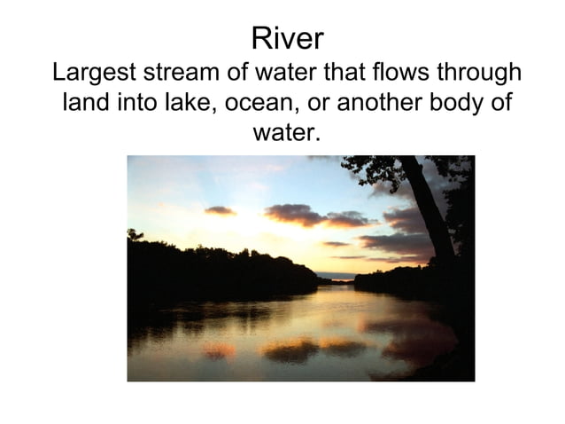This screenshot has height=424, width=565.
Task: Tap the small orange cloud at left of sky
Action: (x=219, y=210)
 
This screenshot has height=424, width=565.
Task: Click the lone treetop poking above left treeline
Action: (x=135, y=234)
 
